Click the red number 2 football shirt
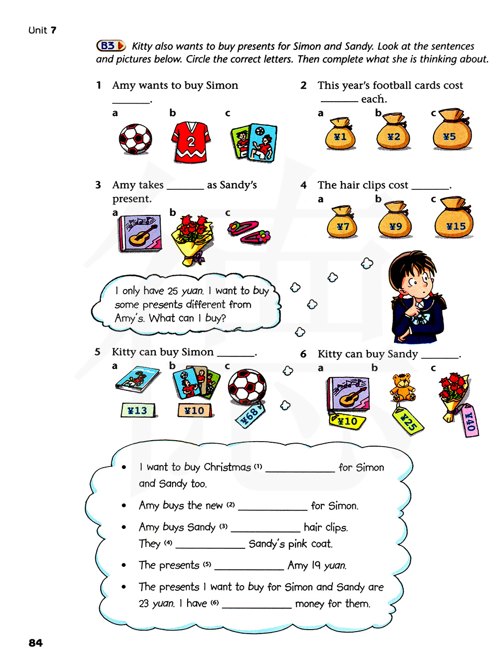(191, 142)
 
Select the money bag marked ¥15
(454, 220)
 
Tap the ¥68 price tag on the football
(250, 414)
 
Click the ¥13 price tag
(138, 410)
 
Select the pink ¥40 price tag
(470, 420)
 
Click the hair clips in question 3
(249, 232)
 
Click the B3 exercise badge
(110, 46)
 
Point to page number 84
(35, 643)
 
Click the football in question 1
(135, 139)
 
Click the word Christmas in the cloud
(227, 467)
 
